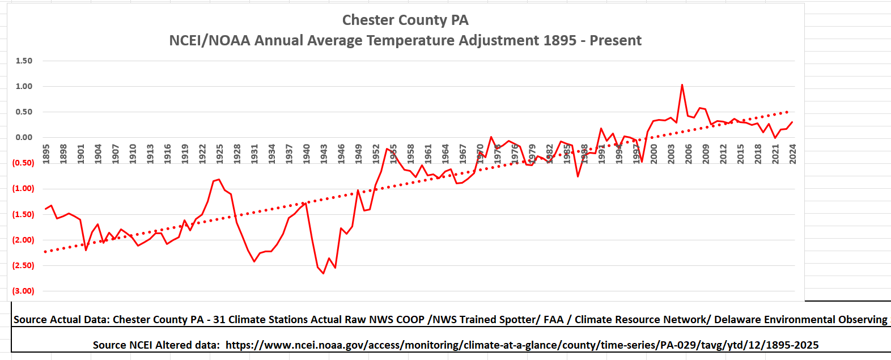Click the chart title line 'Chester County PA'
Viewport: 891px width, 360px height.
click(405, 20)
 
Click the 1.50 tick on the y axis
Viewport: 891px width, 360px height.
click(24, 61)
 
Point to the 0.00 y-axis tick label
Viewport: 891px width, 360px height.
click(24, 137)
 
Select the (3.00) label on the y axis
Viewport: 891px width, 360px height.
click(23, 291)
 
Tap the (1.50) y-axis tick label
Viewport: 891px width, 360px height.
click(23, 214)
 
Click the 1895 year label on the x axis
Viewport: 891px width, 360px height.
click(46, 154)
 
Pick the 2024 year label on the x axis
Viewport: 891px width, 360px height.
click(792, 154)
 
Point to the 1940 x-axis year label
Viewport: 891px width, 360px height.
click(307, 154)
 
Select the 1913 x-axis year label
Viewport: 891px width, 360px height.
click(150, 154)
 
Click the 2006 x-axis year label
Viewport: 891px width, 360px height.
click(689, 154)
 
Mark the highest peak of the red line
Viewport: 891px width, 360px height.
click(682, 84)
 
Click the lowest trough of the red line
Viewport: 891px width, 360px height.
click(324, 273)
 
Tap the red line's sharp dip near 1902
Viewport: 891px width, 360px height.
click(86, 250)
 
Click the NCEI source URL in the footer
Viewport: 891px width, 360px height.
click(521, 345)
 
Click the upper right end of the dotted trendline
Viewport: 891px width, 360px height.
click(788, 112)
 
